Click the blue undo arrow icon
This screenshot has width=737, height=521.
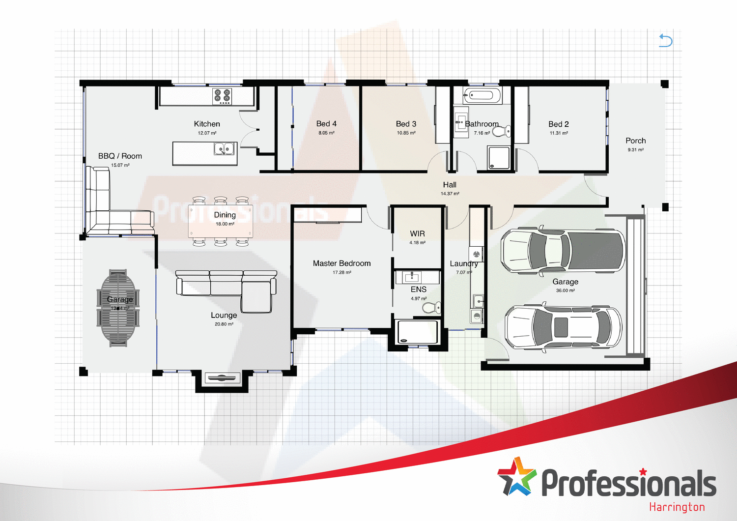[665, 40]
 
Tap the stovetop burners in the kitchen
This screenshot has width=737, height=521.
[222, 96]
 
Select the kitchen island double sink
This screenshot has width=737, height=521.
[224, 148]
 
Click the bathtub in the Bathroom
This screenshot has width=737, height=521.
[482, 95]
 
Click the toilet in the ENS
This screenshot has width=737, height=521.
[431, 308]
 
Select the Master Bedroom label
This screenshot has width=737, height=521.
[341, 263]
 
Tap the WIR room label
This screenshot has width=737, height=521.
[417, 233]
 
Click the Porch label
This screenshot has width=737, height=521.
[635, 141]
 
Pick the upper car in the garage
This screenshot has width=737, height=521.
[563, 250]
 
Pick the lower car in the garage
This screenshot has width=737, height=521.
[563, 327]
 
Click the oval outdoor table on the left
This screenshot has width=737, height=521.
[118, 308]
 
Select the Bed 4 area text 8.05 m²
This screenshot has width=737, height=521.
[326, 133]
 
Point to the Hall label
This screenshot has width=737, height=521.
[450, 185]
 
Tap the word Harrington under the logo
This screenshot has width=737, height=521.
[677, 507]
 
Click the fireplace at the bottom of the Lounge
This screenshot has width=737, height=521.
[222, 378]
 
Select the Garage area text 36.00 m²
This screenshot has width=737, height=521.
[565, 290]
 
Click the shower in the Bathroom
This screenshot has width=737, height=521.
[499, 158]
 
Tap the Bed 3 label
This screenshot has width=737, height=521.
[406, 124]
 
